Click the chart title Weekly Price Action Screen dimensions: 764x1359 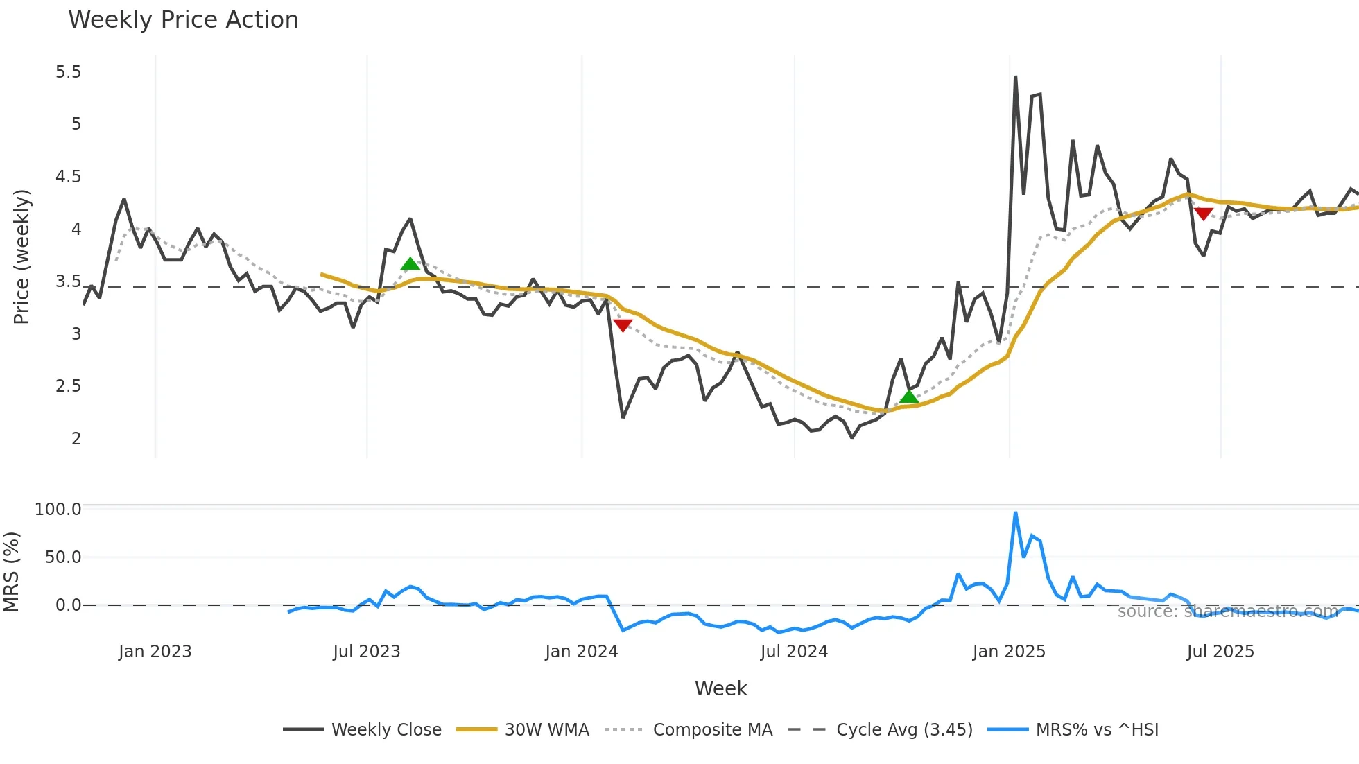coord(183,20)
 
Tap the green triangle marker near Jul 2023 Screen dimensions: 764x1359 coord(410,263)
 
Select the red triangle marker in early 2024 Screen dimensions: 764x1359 coord(623,325)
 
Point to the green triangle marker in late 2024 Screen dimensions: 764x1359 coord(909,397)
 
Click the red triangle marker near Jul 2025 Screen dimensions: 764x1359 coord(1203,214)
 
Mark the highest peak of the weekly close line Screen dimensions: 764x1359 coord(1015,77)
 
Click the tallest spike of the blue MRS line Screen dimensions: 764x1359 coord(1015,513)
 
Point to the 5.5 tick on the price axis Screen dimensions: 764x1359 coord(68,72)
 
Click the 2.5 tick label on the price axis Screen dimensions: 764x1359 coord(68,386)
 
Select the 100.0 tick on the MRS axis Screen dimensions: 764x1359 coord(58,510)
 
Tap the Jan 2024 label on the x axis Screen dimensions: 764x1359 coord(581,652)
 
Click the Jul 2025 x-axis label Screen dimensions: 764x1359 coord(1220,652)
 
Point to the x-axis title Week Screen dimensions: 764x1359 coord(720,688)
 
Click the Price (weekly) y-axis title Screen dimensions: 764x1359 coord(21,257)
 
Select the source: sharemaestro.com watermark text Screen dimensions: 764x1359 coord(1227,611)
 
